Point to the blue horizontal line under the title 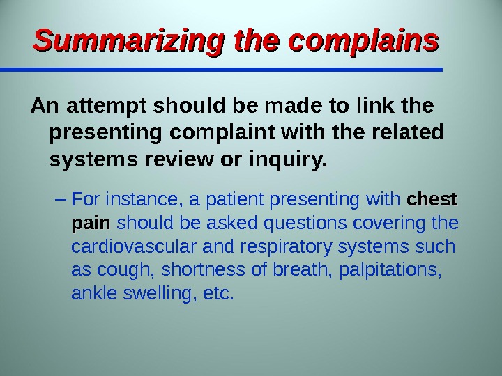(x=221, y=70)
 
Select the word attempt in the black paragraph (x=107, y=106)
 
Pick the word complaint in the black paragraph (x=222, y=132)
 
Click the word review (x=178, y=159)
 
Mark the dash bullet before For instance (x=61, y=200)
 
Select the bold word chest (x=432, y=199)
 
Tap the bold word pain (x=91, y=223)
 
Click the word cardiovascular (x=133, y=246)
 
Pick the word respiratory (x=286, y=246)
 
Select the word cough (x=123, y=270)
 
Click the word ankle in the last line (x=94, y=293)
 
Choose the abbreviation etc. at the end (x=218, y=293)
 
